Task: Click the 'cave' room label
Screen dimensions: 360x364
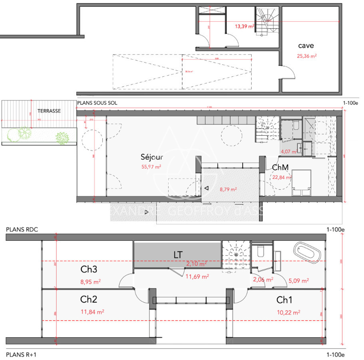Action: (306, 46)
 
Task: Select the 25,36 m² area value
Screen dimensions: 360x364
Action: (307, 56)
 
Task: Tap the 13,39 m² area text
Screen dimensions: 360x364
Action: (245, 26)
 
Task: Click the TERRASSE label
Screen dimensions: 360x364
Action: (49, 111)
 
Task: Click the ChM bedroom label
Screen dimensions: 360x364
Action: (281, 167)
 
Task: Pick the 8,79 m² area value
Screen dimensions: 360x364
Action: (228, 190)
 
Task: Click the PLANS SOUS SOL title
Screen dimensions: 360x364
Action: (97, 103)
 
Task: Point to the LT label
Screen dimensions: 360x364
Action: (178, 254)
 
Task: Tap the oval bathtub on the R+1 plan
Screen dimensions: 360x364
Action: (307, 252)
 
